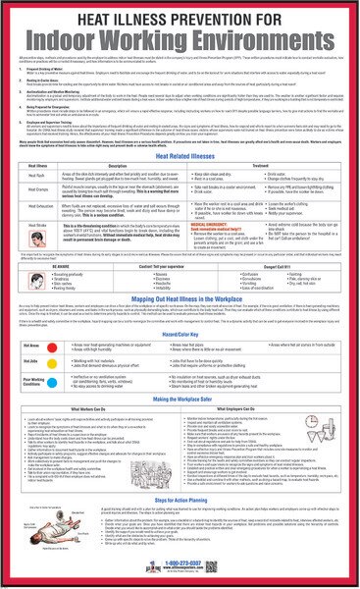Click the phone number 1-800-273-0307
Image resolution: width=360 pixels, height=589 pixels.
click(180, 570)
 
